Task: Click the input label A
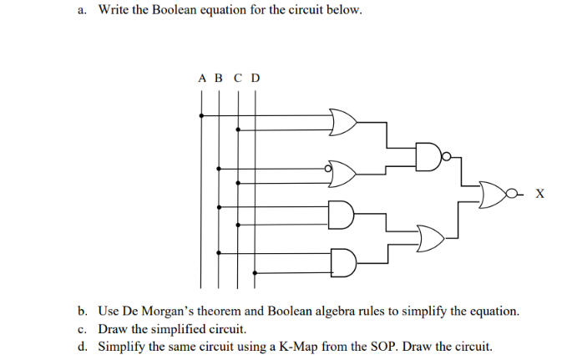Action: pyautogui.click(x=202, y=79)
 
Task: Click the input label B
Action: pyautogui.click(x=219, y=79)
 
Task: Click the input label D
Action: pyautogui.click(x=256, y=79)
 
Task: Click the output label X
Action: pyautogui.click(x=539, y=195)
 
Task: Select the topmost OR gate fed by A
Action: pyautogui.click(x=343, y=122)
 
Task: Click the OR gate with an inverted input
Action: pyautogui.click(x=344, y=174)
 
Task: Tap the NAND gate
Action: pyautogui.click(x=428, y=155)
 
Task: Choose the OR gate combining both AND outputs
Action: pyautogui.click(x=429, y=237)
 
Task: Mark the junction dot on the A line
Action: pyautogui.click(x=201, y=115)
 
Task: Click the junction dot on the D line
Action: pyautogui.click(x=255, y=271)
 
